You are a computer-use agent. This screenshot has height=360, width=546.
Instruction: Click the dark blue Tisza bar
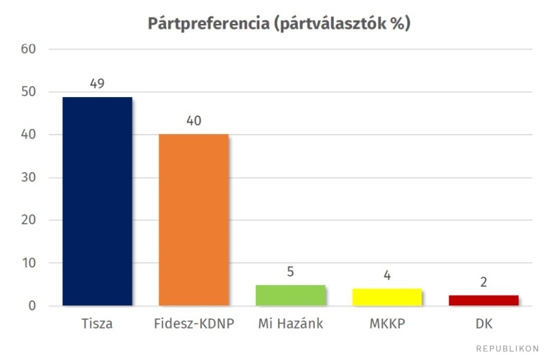pos(97,201)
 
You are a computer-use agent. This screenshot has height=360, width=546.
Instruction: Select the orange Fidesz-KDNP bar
pos(194,219)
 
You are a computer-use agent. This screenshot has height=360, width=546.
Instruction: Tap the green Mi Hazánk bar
pos(290,295)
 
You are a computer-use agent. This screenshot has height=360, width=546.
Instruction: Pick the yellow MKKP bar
pos(387,297)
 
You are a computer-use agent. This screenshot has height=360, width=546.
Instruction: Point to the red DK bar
pos(483,301)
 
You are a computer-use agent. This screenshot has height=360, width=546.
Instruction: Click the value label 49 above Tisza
pos(97,83)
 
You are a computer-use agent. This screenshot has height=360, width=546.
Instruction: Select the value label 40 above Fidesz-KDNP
pos(194,121)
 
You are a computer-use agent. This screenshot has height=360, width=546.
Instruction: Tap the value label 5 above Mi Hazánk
pos(290,272)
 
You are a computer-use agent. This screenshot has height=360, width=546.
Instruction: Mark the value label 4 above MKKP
pos(387,276)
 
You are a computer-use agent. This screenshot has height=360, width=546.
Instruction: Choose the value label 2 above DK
pos(483,282)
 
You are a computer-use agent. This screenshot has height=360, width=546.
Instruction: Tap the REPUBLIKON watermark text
pos(507,348)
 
